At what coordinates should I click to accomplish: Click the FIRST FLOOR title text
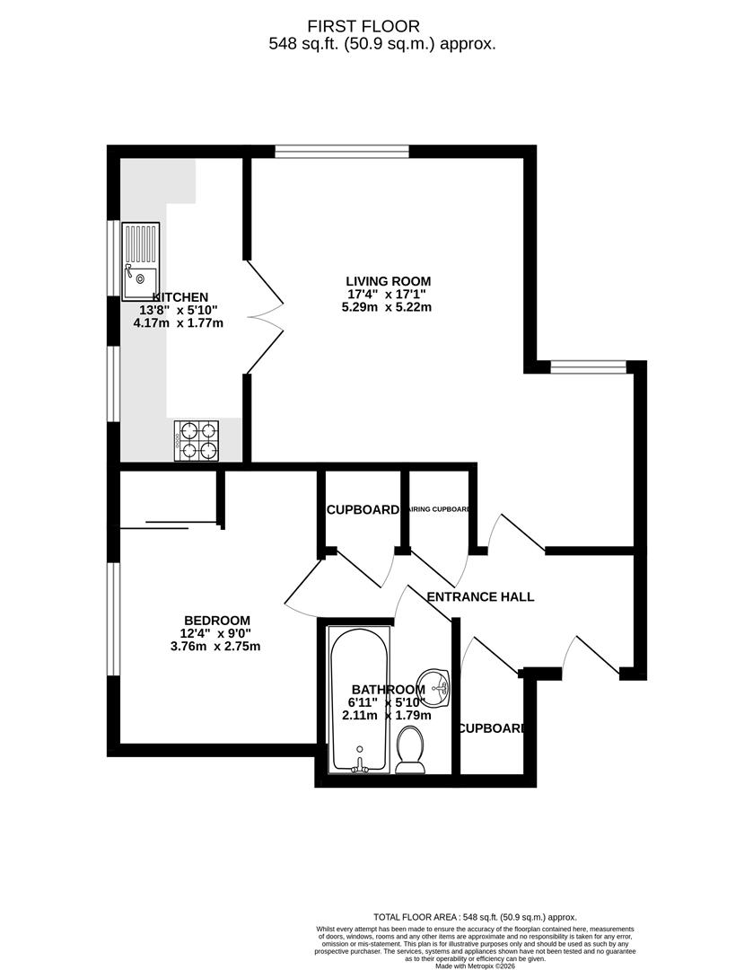tap(376, 26)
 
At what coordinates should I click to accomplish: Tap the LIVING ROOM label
tap(389, 280)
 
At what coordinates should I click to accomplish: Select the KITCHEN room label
tap(180, 297)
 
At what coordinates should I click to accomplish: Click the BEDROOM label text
tap(216, 621)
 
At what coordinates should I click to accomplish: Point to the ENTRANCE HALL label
tap(480, 596)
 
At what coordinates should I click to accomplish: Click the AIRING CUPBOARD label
tap(438, 510)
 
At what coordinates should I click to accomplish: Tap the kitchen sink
tap(141, 260)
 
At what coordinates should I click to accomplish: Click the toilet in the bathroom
tap(410, 751)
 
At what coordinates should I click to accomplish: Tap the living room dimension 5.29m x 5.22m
tap(389, 307)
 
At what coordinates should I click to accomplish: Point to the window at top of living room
tap(342, 151)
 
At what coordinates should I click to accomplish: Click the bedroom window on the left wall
tap(112, 619)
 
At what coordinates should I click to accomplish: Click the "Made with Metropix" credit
tap(475, 966)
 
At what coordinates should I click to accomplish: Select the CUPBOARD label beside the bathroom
tap(491, 728)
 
